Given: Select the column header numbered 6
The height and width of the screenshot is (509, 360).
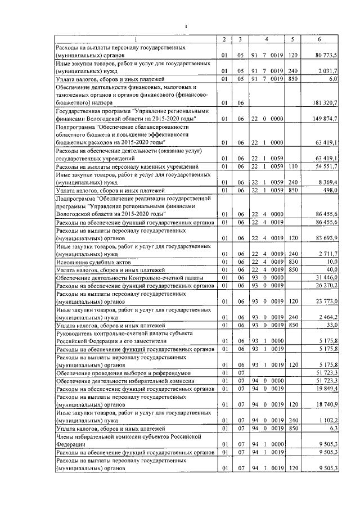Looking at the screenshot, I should (x=319, y=39).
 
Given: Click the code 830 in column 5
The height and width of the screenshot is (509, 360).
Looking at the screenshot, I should (x=292, y=262).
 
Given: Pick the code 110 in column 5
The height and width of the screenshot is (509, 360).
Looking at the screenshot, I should (x=292, y=167).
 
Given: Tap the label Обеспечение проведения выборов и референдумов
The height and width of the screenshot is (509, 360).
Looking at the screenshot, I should (x=124, y=372).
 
